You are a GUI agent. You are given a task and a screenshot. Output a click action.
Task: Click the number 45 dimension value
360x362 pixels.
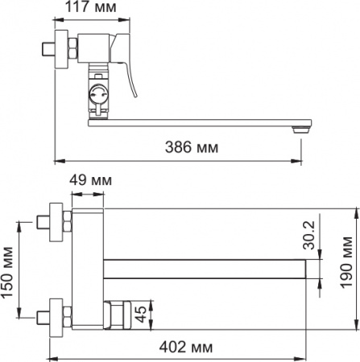pos(140,312)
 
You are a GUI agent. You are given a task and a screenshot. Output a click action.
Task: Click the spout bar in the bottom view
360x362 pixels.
pos(205,266)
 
